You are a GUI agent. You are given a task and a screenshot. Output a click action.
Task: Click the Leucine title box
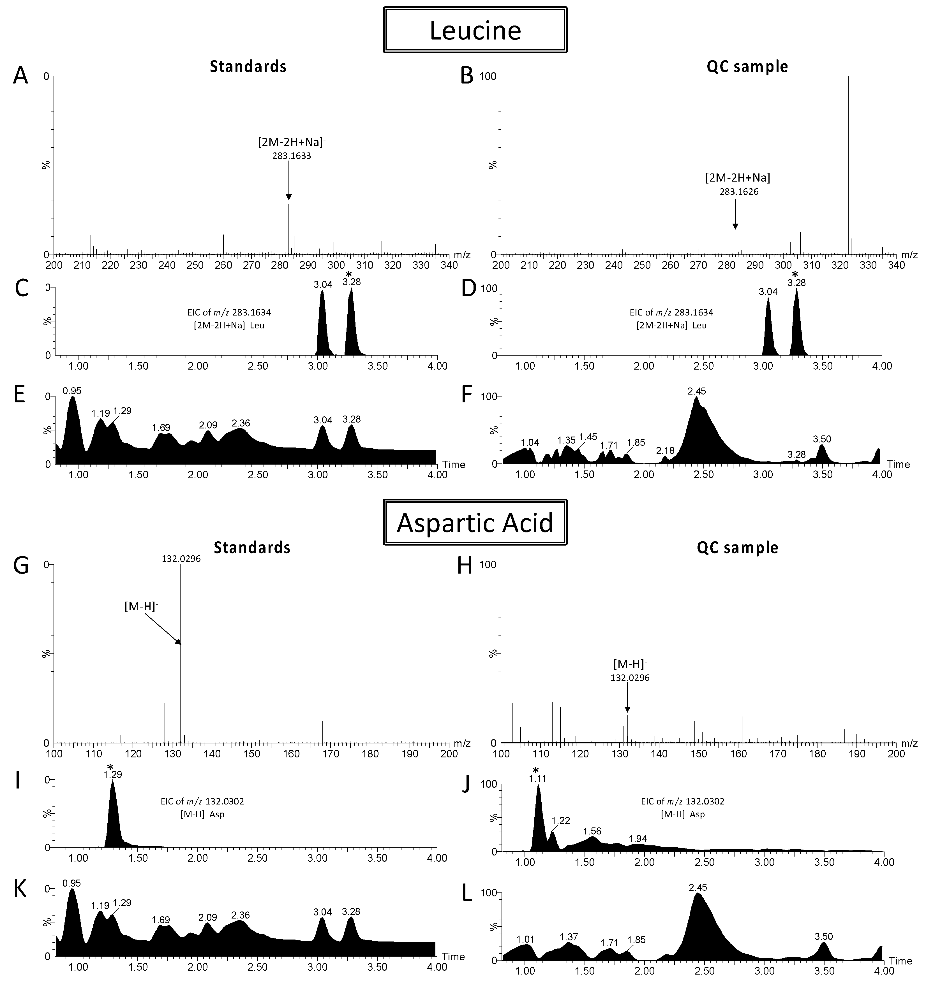coord(475,30)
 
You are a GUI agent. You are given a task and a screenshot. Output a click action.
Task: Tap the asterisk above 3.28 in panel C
coord(349,274)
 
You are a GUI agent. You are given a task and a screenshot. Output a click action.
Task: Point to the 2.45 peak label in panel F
coord(696,391)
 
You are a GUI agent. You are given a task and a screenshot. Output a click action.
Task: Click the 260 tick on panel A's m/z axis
coord(224,265)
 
